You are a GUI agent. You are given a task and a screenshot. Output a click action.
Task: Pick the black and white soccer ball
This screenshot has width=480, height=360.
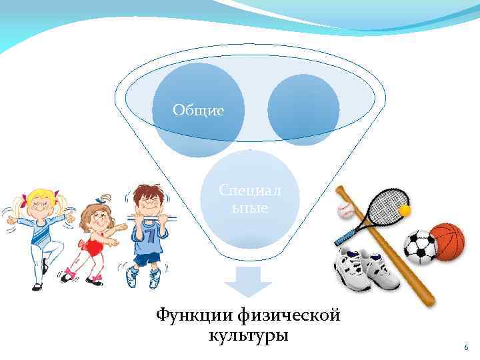(420, 246)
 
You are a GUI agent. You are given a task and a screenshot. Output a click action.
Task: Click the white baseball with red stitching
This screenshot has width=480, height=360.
(345, 211)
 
